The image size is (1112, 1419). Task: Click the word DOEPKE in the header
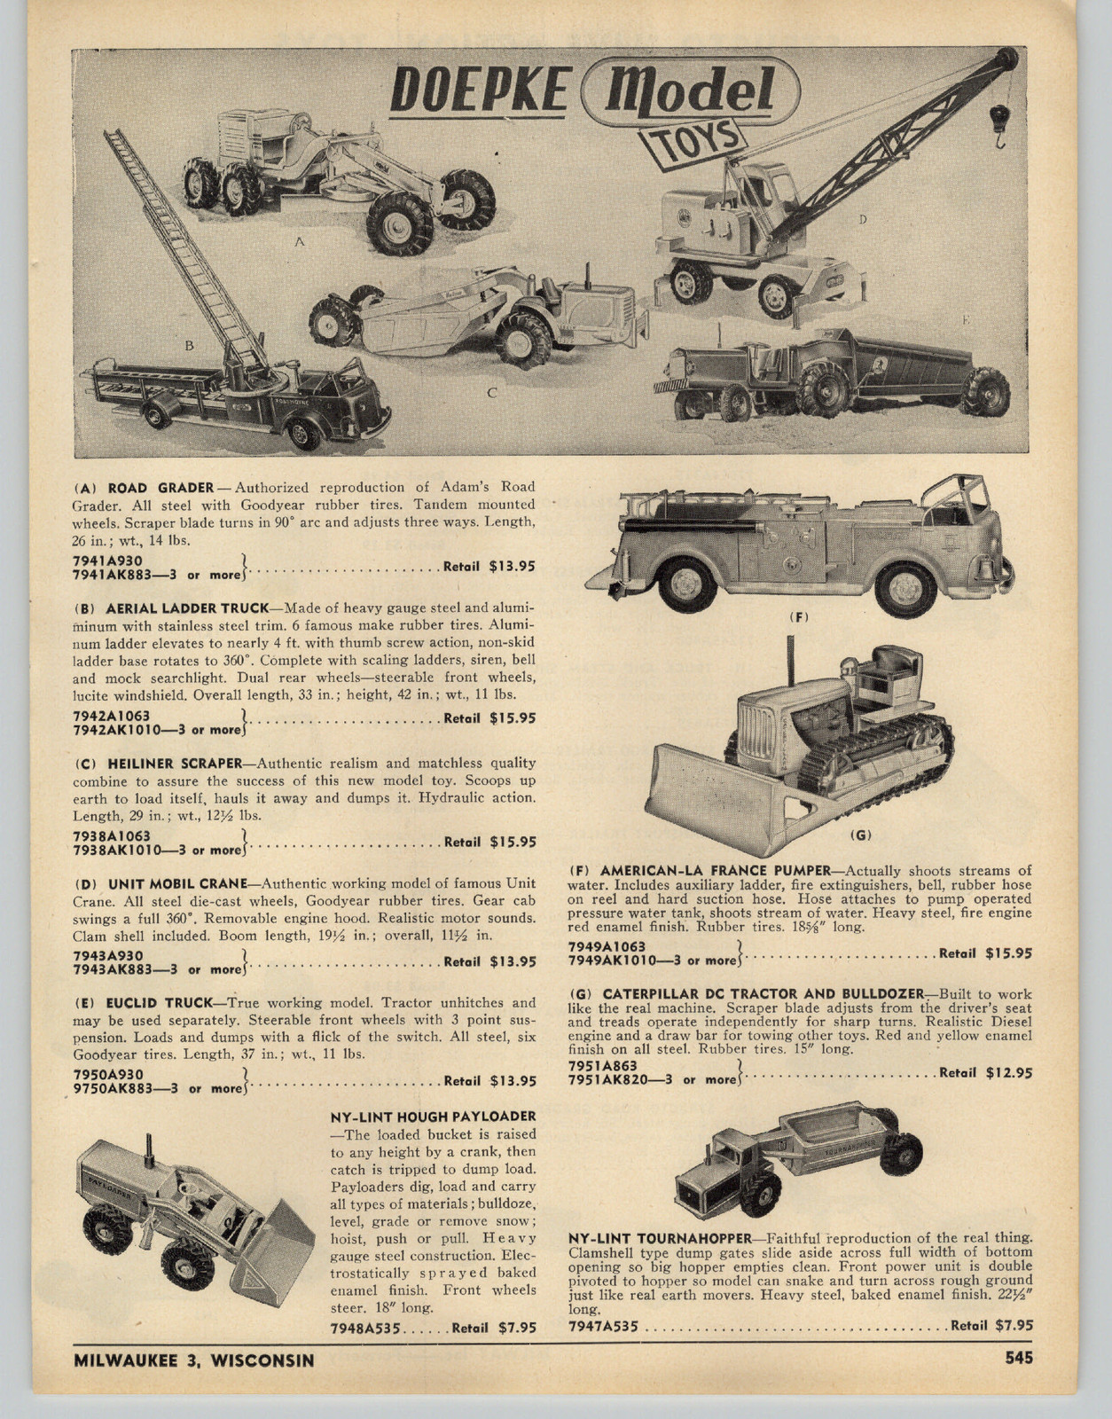pos(479,90)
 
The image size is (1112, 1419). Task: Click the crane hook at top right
pos(998,124)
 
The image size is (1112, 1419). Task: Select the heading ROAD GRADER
pos(161,488)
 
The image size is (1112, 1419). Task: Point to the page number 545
pos(1019,1358)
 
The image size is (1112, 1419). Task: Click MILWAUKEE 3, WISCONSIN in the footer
pos(193,1360)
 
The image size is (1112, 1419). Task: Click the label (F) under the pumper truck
pos(799,616)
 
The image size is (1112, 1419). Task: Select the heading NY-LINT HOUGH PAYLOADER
pos(433,1116)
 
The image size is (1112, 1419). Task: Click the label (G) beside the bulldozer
pos(859,835)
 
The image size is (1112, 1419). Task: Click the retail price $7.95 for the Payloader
pos(517,1328)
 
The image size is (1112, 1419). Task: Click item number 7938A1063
pos(112,835)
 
